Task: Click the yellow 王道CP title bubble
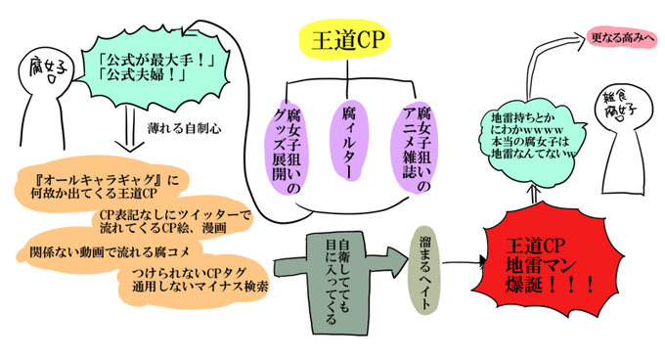345,40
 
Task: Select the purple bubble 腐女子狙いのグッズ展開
286,147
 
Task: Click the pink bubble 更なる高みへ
622,38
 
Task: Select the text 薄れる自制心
184,128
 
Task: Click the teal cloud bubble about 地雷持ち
534,137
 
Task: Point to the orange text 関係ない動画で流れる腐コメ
110,252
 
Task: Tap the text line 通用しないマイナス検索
200,287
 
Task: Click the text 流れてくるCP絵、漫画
163,228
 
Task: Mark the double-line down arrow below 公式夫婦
130,129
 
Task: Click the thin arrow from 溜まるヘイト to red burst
465,262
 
